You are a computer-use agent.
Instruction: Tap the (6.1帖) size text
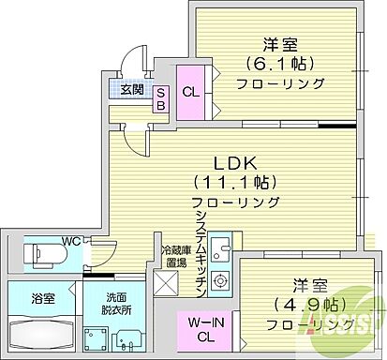click(280, 64)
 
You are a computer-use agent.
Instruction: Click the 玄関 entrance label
click(132, 90)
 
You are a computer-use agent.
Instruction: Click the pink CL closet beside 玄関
click(189, 92)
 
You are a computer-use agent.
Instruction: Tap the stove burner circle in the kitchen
click(220, 278)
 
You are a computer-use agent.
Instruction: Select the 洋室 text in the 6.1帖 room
click(279, 43)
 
